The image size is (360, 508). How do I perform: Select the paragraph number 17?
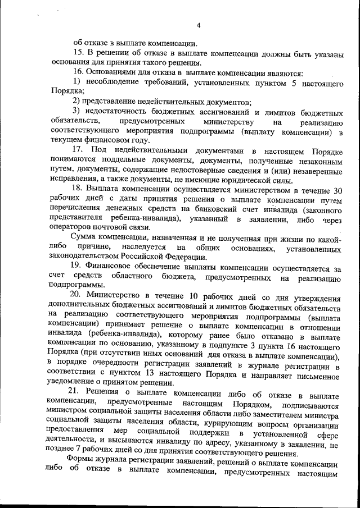79,151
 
